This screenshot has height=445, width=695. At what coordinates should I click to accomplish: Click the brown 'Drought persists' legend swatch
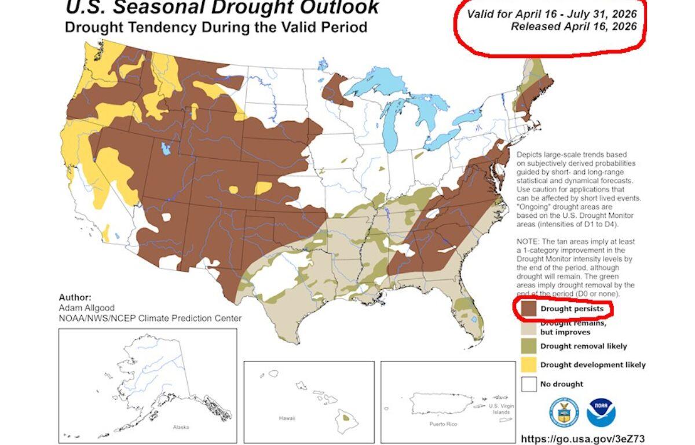(528, 309)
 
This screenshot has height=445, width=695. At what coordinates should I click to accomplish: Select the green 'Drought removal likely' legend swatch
(528, 346)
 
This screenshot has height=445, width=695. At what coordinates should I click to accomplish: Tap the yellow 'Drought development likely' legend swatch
(528, 365)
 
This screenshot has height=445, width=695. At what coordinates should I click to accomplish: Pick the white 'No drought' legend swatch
(528, 384)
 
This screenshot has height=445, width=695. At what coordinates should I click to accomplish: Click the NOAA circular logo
(601, 413)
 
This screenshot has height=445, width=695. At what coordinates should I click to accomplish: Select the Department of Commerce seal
(564, 413)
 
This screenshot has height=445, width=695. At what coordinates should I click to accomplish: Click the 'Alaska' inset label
(181, 427)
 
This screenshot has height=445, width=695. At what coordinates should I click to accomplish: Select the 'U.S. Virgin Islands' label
(500, 408)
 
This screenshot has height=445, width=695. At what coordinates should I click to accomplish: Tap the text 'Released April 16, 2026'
(573, 26)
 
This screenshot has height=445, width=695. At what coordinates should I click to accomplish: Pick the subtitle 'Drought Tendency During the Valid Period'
(215, 28)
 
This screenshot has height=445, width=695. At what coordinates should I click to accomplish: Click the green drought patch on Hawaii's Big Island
(346, 417)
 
